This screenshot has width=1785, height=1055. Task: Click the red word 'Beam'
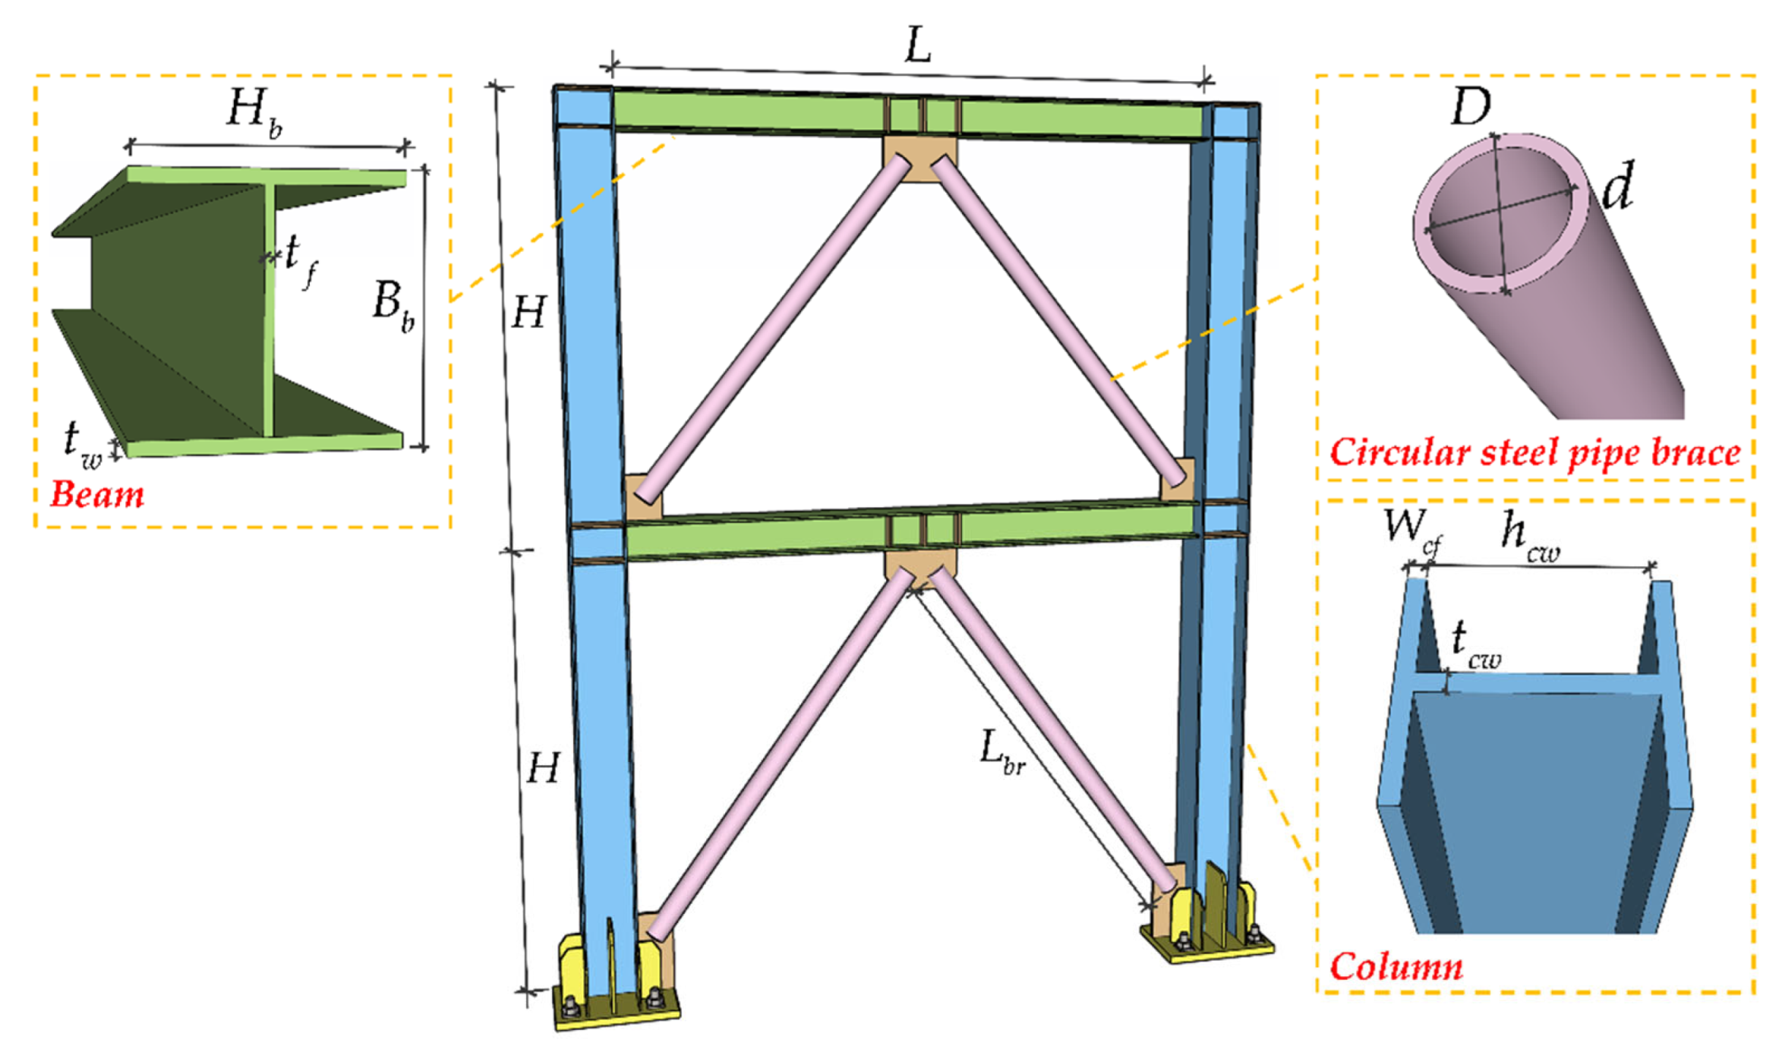coord(96,495)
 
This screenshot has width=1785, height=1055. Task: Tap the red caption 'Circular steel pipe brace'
coord(1534,452)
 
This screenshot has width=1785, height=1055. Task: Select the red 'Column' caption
coord(1395,966)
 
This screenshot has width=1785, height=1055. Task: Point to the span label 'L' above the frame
coord(917,47)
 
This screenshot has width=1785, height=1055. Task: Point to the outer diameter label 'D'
coord(1470,108)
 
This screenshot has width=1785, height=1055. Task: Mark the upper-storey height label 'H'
coord(528,314)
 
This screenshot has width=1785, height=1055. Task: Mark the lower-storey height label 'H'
coord(542,769)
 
